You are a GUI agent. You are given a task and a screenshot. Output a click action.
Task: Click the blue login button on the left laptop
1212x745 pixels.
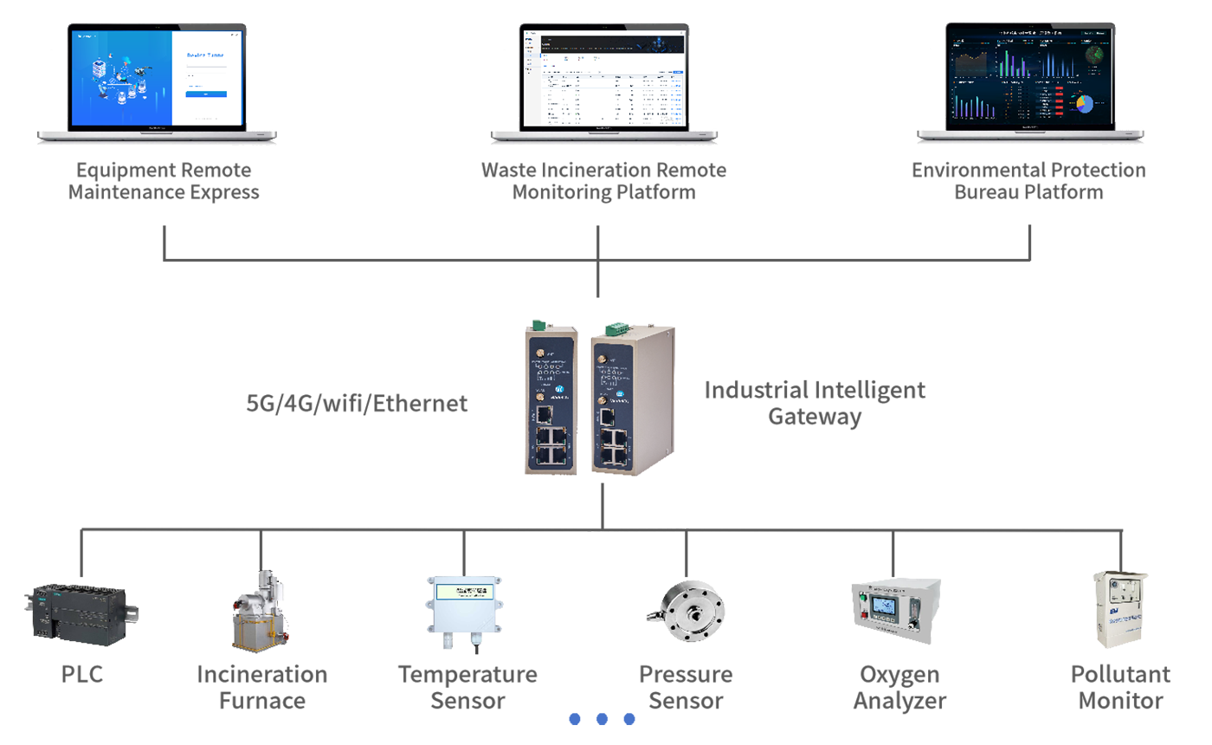(x=206, y=94)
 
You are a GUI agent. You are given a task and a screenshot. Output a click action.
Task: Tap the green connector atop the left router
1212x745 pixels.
(x=537, y=325)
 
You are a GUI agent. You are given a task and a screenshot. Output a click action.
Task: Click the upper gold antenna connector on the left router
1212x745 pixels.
(x=539, y=353)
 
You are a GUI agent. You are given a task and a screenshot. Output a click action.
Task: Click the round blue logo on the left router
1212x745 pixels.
(x=559, y=390)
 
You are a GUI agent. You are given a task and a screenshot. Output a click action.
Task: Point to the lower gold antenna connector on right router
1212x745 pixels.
(x=600, y=404)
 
